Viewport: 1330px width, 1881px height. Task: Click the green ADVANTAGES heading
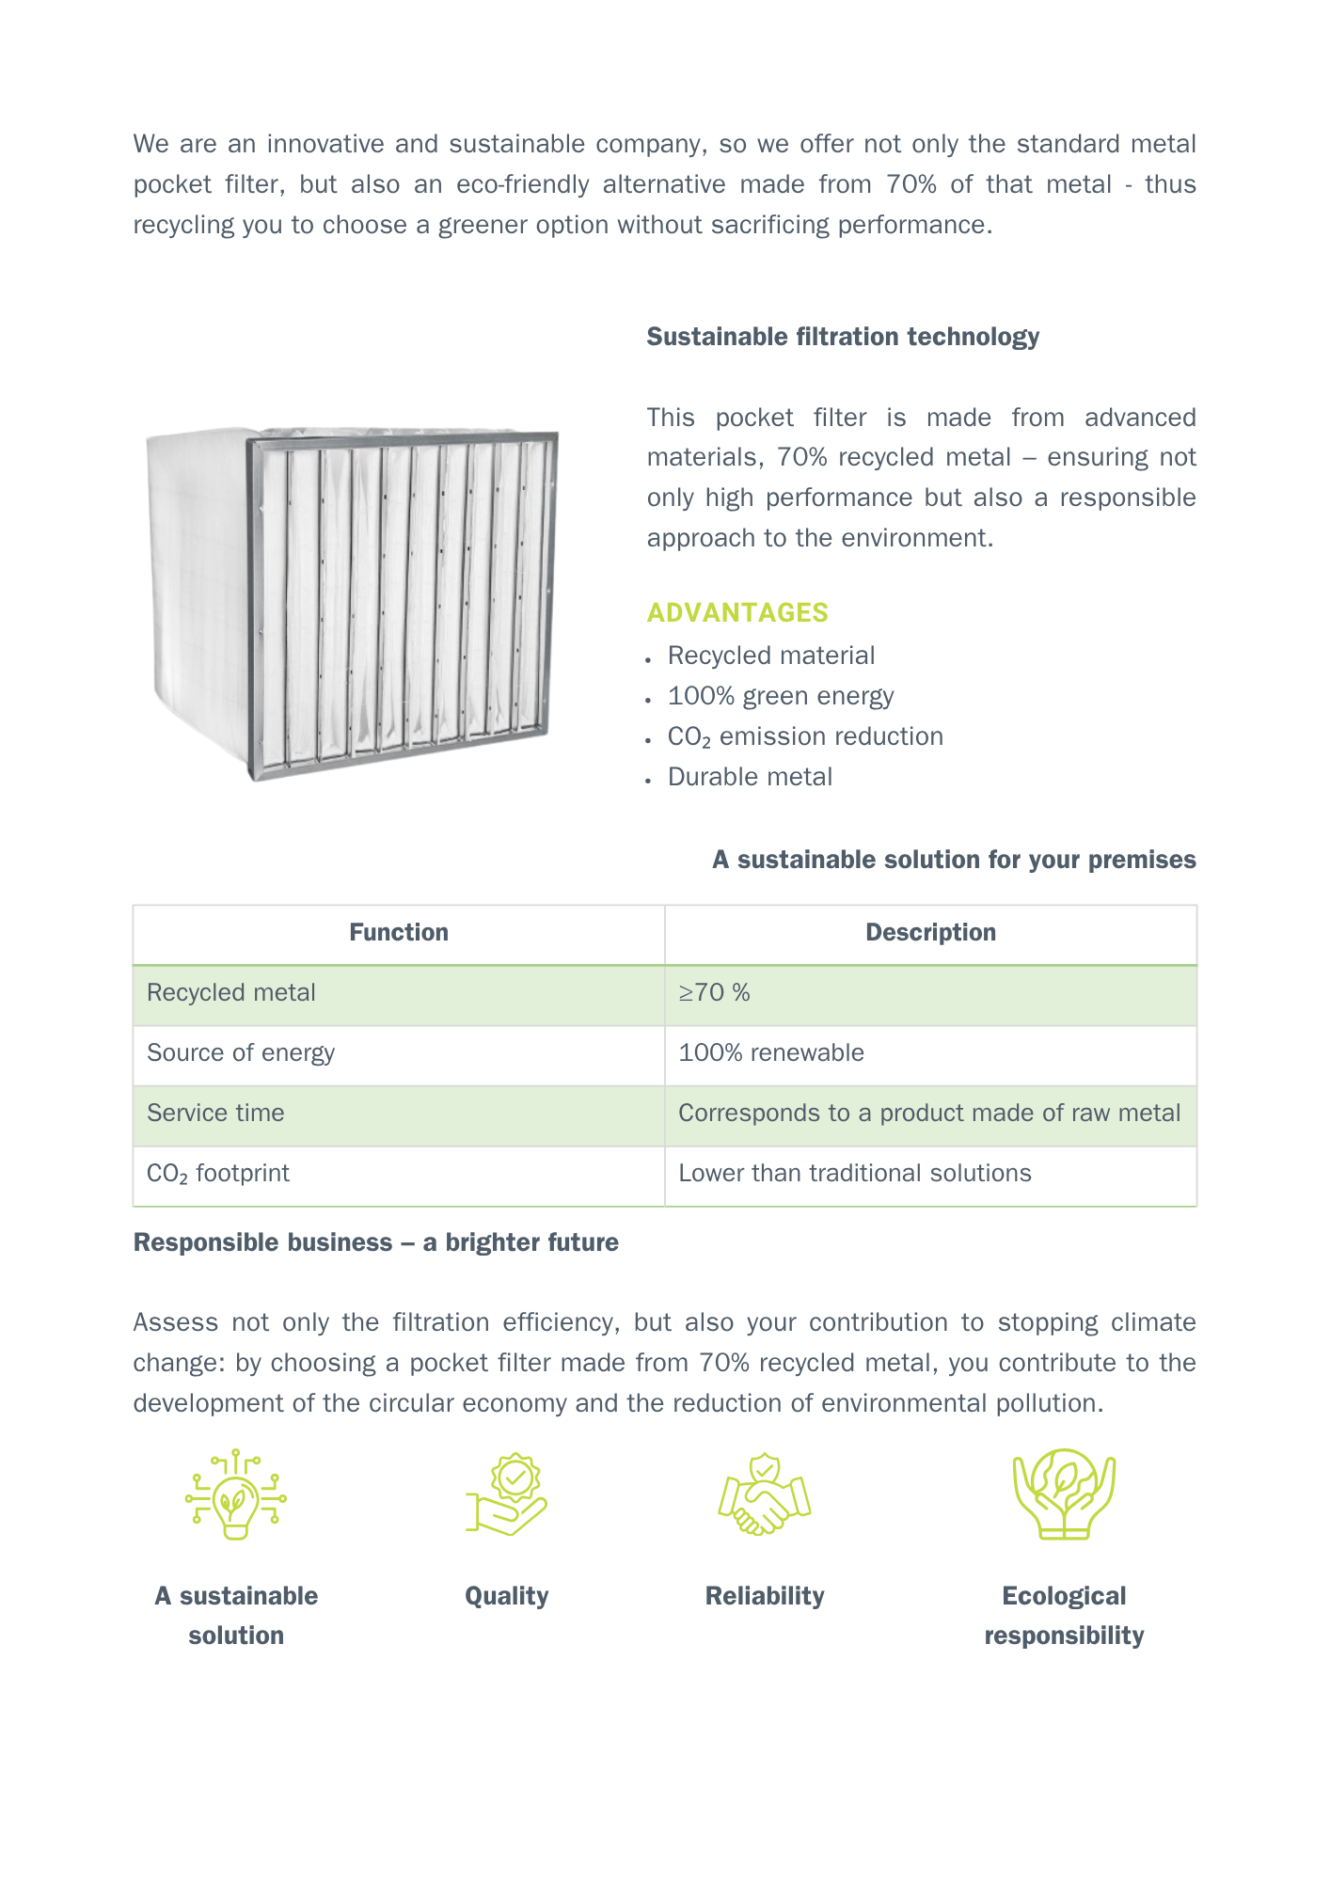[x=736, y=612]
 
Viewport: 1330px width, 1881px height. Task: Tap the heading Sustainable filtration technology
[x=842, y=337]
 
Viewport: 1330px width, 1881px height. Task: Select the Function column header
[x=399, y=932]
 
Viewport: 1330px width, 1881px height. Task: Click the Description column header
[x=930, y=932]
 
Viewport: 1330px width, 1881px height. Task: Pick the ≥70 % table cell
[x=715, y=993]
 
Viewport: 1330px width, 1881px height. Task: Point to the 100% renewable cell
[x=771, y=1052]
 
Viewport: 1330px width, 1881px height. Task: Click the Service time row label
[x=215, y=1113]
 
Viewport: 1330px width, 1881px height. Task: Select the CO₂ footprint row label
[x=218, y=1174]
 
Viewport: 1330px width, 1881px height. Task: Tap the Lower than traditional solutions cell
[x=854, y=1173]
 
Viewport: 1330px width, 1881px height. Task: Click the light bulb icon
[x=235, y=1494]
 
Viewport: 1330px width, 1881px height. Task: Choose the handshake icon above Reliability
[x=765, y=1494]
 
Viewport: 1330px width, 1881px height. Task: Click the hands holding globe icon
[x=1064, y=1494]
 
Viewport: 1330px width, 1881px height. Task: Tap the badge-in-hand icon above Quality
[x=507, y=1494]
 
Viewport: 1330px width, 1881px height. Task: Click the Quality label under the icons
[x=506, y=1596]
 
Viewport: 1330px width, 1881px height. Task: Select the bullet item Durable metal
[x=750, y=777]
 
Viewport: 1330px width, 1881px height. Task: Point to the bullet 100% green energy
[x=780, y=696]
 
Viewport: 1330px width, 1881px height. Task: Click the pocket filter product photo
[x=353, y=602]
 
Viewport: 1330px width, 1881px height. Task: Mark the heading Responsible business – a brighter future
[x=375, y=1242]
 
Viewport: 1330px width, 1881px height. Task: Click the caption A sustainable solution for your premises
[x=954, y=860]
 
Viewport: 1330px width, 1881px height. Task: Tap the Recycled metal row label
[x=231, y=993]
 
